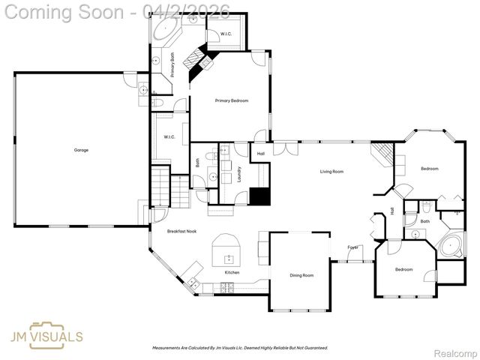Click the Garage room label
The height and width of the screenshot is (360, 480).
click(x=81, y=150)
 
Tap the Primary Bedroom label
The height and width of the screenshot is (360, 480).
click(x=231, y=100)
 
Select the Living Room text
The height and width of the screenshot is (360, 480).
click(x=331, y=172)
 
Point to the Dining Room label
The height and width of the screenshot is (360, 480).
click(x=301, y=275)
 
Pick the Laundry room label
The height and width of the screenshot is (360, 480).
click(x=239, y=174)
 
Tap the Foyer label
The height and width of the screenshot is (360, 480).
click(x=352, y=247)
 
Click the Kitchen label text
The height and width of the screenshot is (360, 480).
click(x=232, y=272)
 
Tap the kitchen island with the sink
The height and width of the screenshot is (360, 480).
click(x=226, y=250)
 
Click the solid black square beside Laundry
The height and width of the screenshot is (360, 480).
click(x=259, y=196)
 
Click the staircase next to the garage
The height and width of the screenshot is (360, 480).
click(x=161, y=187)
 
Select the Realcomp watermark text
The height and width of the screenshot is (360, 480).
click(x=455, y=352)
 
